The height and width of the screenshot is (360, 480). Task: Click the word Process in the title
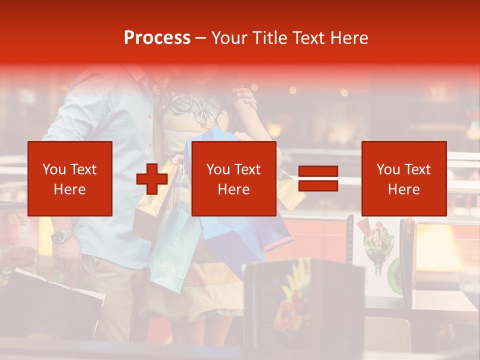point(157,38)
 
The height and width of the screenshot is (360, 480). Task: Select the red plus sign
point(151,179)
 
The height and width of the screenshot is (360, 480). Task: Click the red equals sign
point(318,178)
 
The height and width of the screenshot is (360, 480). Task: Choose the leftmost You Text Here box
point(70,178)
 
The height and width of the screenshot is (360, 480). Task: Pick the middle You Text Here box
point(233,178)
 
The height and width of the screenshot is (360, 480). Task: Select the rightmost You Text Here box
point(403,178)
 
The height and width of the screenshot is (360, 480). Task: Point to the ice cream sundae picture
point(378,245)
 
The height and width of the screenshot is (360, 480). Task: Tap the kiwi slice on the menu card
point(395,275)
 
